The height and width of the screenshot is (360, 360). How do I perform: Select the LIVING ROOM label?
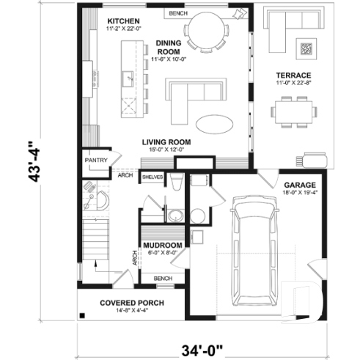click(168, 142)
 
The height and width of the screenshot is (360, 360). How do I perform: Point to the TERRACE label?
click(293, 76)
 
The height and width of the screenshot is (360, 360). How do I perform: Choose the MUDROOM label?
click(162, 245)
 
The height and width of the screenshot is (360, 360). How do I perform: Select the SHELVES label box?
click(153, 177)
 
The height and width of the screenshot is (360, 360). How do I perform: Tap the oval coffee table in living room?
click(213, 123)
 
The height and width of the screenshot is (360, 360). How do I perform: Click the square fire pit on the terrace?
click(306, 49)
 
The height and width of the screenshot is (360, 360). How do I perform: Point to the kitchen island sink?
click(128, 76)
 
